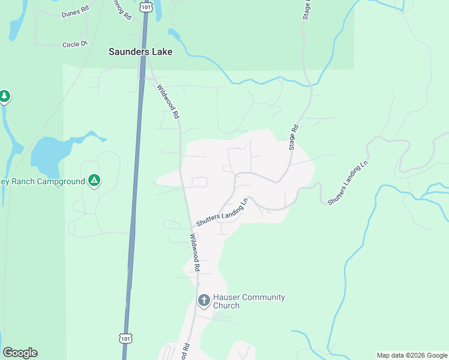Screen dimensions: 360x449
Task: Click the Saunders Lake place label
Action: pyautogui.click(x=140, y=52)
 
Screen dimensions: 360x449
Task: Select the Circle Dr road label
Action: pyautogui.click(x=75, y=44)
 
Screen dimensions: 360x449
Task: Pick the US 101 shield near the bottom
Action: pyautogui.click(x=124, y=338)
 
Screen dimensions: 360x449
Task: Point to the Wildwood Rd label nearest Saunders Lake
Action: pyautogui.click(x=168, y=100)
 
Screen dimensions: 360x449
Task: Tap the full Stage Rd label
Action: pyautogui.click(x=293, y=137)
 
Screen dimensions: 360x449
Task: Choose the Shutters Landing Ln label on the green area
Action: pyautogui.click(x=348, y=183)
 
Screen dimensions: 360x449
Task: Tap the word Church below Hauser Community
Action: pyautogui.click(x=226, y=306)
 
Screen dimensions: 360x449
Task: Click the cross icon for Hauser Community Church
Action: pyautogui.click(x=203, y=300)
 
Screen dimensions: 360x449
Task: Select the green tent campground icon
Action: pyautogui.click(x=94, y=180)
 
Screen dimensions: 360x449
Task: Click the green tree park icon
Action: pyautogui.click(x=5, y=96)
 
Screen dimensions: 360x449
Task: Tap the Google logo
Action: pyautogui.click(x=20, y=353)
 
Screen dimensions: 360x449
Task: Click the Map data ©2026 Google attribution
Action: pyautogui.click(x=412, y=355)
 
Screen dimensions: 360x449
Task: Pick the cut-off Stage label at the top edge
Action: pyautogui.click(x=307, y=9)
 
